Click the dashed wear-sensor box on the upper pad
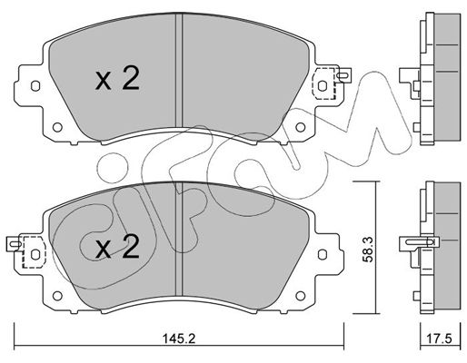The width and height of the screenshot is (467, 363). pyautogui.click(x=322, y=85)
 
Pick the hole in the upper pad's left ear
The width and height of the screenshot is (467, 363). pyautogui.click(x=35, y=88)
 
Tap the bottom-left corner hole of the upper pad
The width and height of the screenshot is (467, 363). pyautogui.click(x=59, y=126)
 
